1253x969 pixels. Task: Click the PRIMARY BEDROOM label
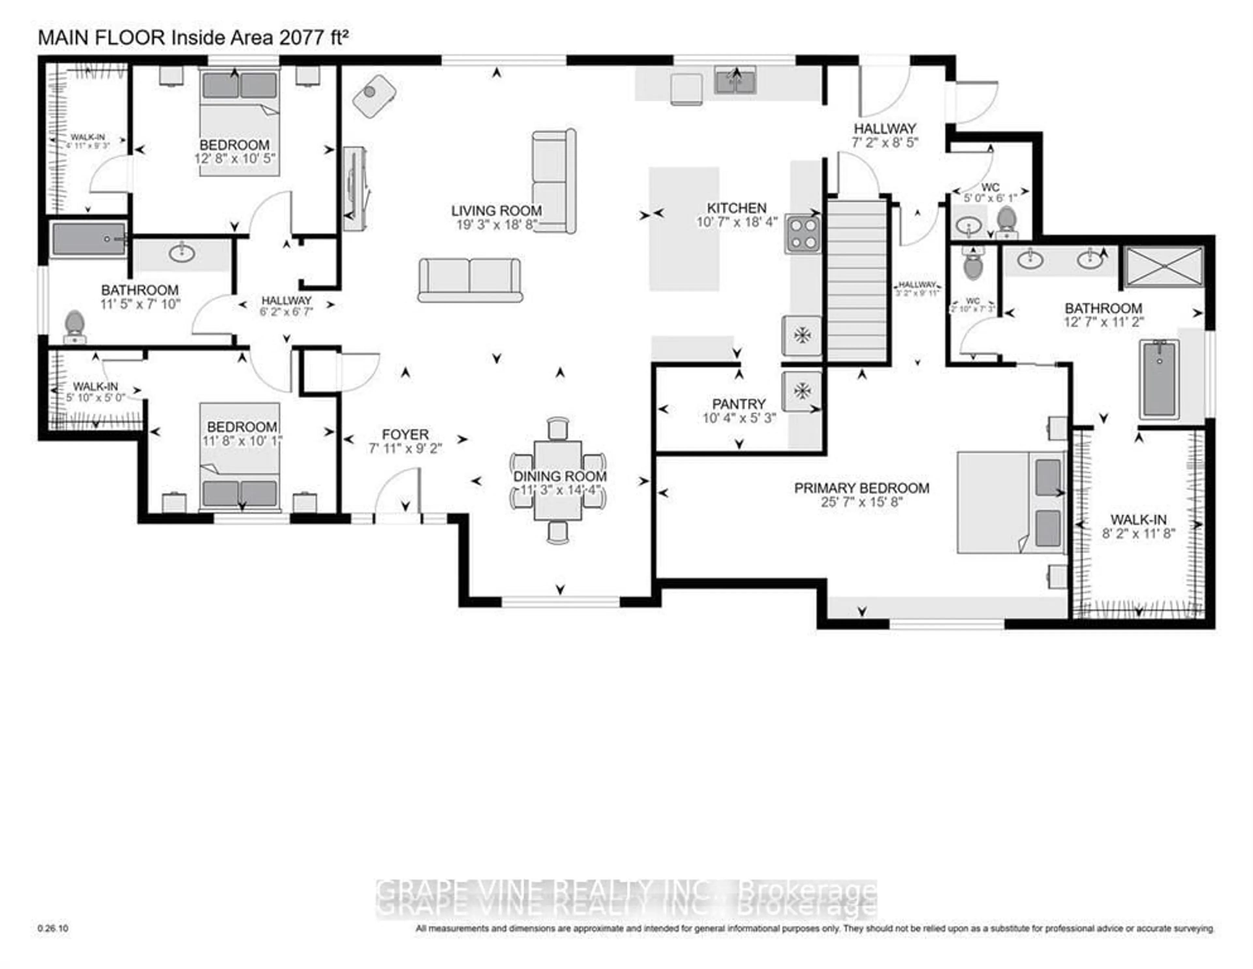[x=861, y=488]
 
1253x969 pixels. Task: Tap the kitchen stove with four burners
[x=803, y=234]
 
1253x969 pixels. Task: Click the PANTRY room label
[x=738, y=404]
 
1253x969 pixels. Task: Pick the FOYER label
[x=405, y=434]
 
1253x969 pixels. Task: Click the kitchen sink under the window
[x=735, y=80]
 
